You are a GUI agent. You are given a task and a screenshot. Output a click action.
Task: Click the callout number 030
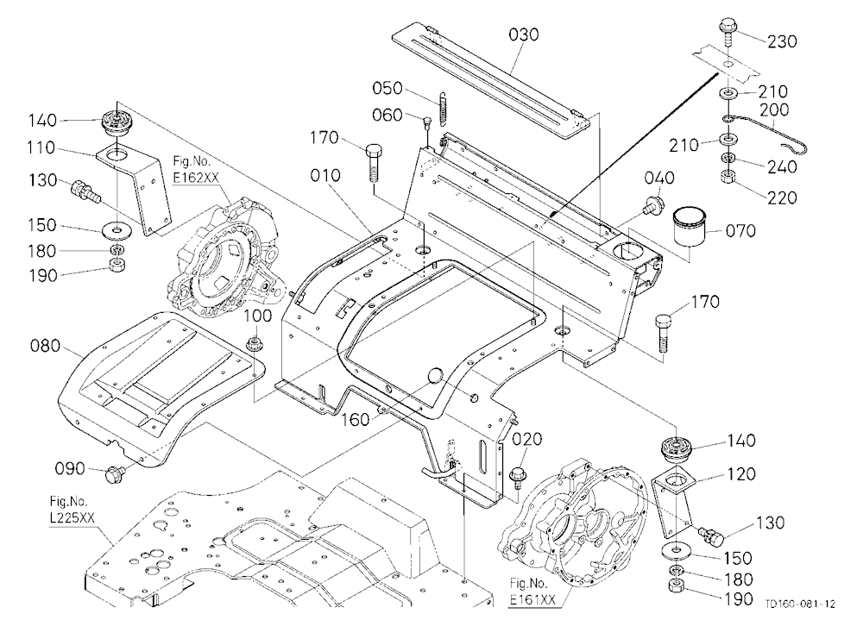[524, 35]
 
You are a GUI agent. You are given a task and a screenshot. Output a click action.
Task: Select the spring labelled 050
[442, 109]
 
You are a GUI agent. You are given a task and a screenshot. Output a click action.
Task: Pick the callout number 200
[774, 110]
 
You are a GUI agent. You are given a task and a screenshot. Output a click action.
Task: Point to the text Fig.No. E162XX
[192, 170]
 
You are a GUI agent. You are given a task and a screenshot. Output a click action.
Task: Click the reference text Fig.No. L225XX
[69, 510]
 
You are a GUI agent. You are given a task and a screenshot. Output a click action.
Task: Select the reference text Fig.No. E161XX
[528, 592]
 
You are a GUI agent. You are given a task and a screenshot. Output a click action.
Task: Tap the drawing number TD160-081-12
[799, 604]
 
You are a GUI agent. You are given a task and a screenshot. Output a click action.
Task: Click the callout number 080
[45, 346]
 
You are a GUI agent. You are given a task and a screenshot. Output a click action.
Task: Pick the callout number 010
[325, 176]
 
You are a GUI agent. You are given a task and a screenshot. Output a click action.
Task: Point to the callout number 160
[356, 420]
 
